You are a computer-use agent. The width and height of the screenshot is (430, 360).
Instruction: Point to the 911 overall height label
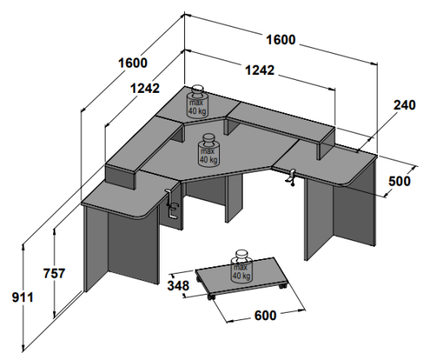(x=23, y=298)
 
